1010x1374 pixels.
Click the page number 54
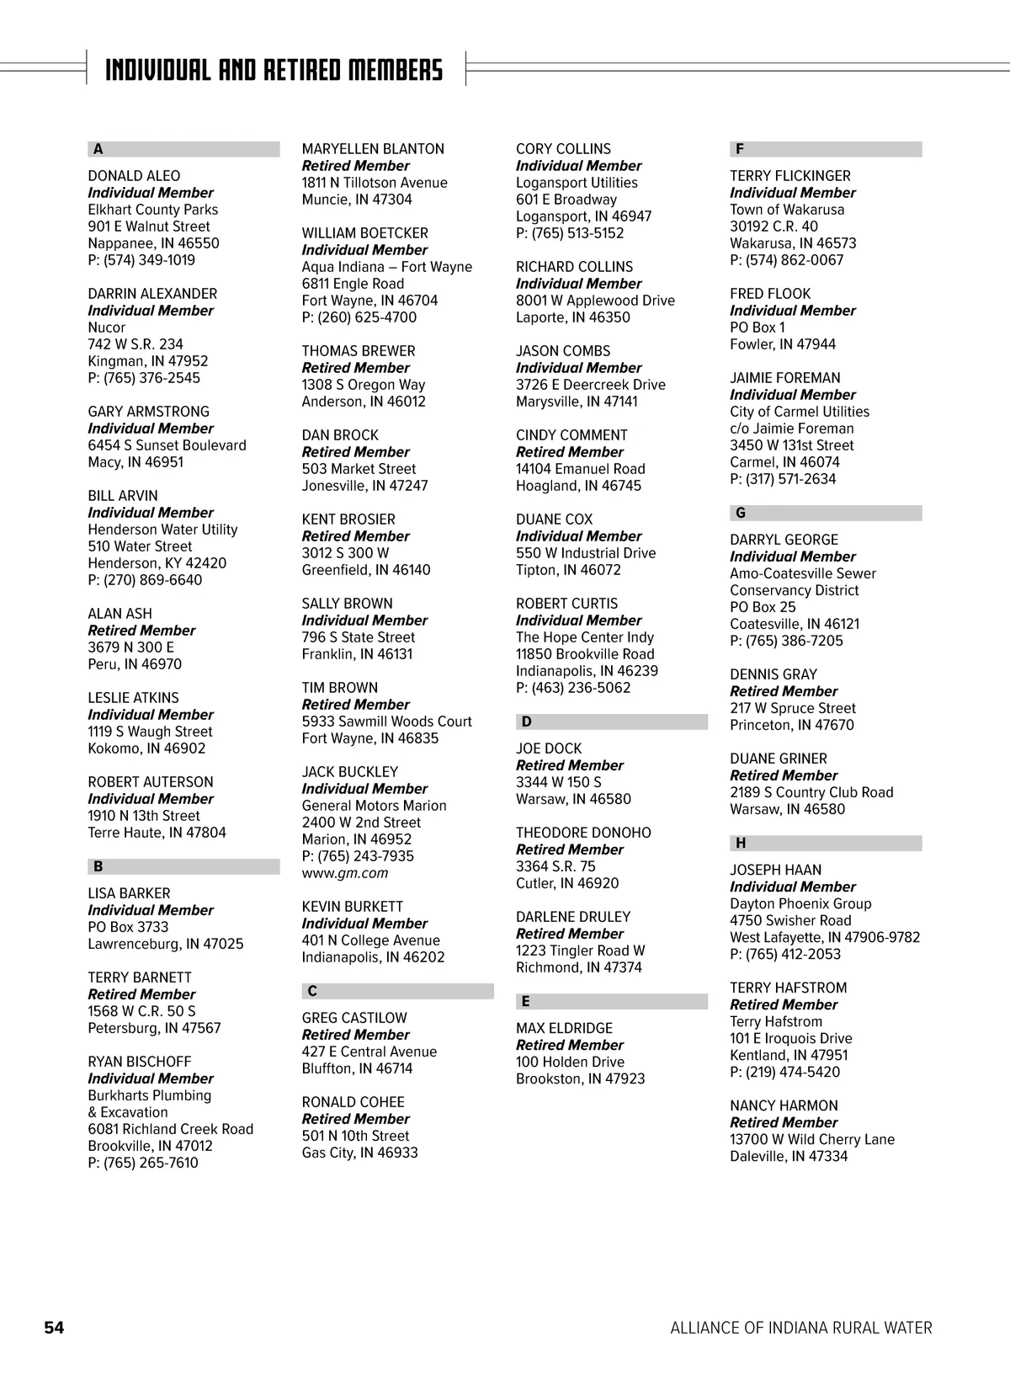[54, 1328]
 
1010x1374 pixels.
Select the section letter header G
[741, 513]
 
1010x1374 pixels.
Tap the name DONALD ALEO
[134, 176]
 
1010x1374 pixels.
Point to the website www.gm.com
[345, 873]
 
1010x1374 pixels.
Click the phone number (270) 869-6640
[145, 580]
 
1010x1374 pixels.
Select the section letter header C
[312, 991]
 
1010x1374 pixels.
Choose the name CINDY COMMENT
[571, 435]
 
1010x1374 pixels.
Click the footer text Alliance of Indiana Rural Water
[800, 1328]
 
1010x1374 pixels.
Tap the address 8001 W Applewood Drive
[595, 301]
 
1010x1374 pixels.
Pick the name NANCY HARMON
[784, 1105]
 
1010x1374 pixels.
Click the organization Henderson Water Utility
[162, 530]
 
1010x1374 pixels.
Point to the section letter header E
[526, 1001]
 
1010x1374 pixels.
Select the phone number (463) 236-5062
[573, 688]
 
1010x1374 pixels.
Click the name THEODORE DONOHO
[583, 833]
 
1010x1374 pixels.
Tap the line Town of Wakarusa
[787, 210]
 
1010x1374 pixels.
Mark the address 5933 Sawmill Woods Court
[386, 722]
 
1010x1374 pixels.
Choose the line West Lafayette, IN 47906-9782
[825, 937]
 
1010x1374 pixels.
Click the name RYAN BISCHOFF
[139, 1062]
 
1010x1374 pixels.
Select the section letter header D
[527, 722]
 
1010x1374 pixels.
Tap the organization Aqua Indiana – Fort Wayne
[387, 267]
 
